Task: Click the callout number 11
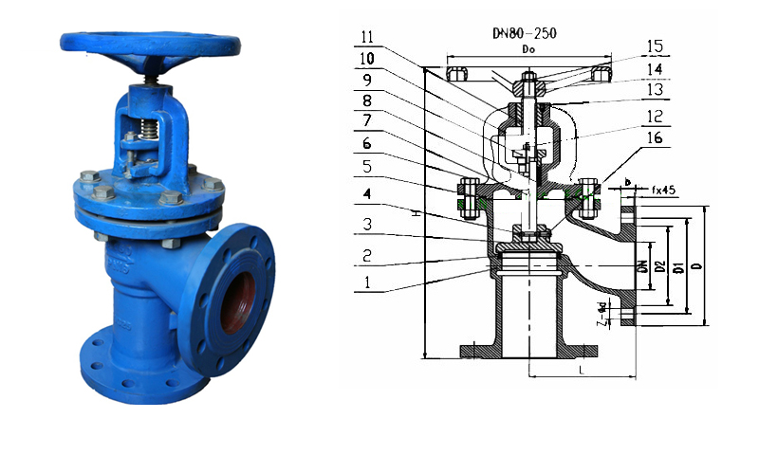(x=369, y=39)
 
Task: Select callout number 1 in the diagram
(x=368, y=282)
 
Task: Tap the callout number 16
(x=654, y=138)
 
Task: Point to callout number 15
(x=654, y=45)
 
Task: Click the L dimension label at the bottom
(x=581, y=371)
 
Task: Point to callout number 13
(x=654, y=92)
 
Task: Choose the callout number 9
(x=368, y=77)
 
